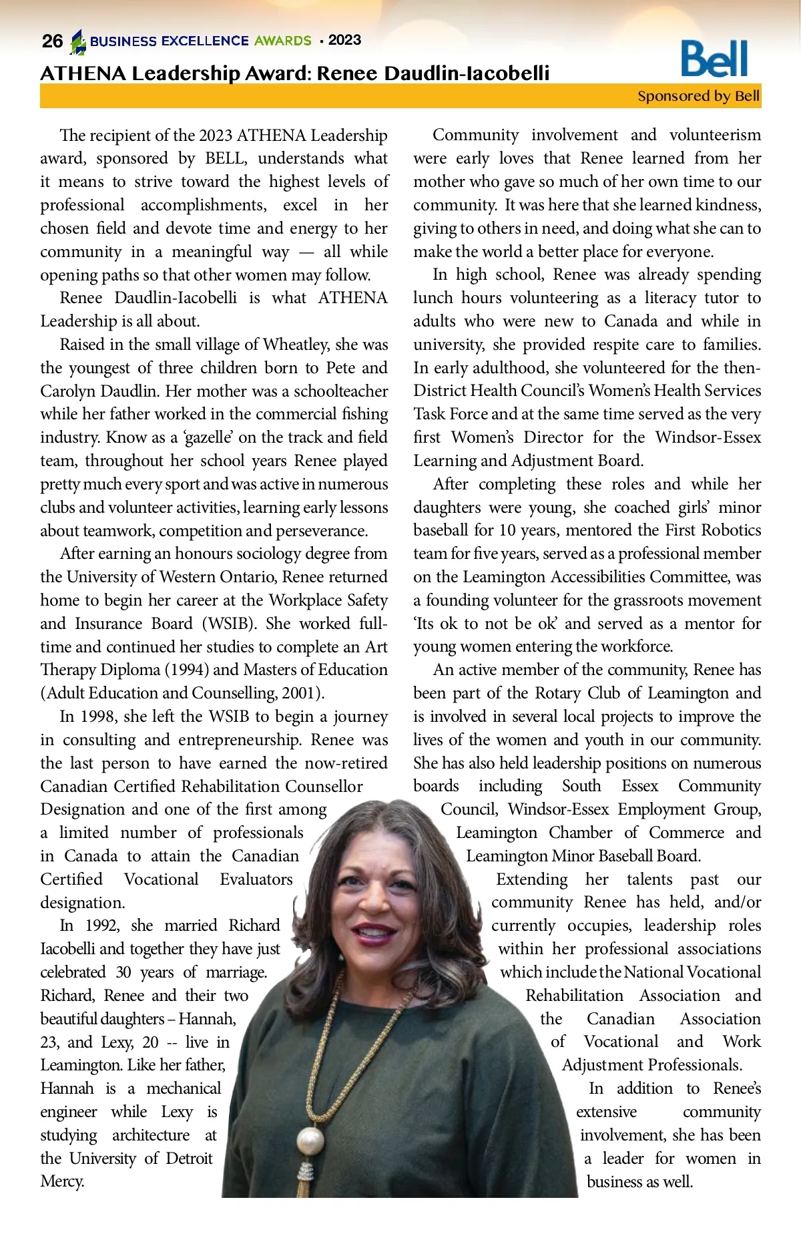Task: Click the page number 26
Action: click(x=52, y=41)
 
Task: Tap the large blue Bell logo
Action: click(x=714, y=59)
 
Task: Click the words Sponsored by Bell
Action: click(x=698, y=96)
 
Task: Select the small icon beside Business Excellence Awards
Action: click(x=79, y=41)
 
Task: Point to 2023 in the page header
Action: click(x=344, y=40)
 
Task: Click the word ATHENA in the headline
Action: click(x=83, y=73)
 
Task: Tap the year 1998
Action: click(x=98, y=716)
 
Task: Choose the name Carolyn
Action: click(x=67, y=391)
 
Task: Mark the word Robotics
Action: click(x=729, y=530)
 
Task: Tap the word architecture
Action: click(x=150, y=1135)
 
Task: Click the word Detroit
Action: click(x=189, y=1159)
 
